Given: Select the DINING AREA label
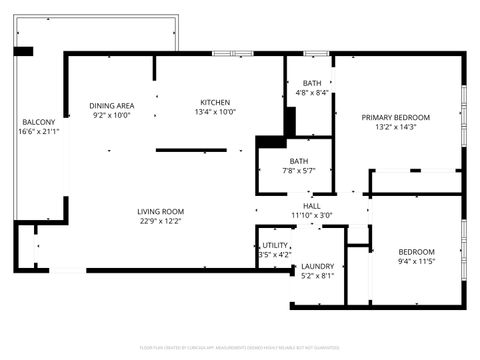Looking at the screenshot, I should tap(112, 105).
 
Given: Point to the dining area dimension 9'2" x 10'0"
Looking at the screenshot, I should tap(112, 115).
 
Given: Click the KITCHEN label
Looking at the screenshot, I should tap(215, 102).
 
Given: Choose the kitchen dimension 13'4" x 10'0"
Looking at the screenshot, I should tap(215, 112).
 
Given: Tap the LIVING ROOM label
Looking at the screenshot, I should tap(160, 211).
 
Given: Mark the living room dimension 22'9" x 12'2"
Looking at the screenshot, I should tap(160, 221).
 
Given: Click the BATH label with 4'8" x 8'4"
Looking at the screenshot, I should tap(312, 83).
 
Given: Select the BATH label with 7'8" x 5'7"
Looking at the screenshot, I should tap(299, 161).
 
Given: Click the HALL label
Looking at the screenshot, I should tap(311, 205).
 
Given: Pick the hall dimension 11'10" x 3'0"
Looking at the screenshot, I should tap(311, 215).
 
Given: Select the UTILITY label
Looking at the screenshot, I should tap(276, 245).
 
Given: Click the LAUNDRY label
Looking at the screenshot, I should tap(317, 266).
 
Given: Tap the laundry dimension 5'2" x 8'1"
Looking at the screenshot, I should tap(317, 276).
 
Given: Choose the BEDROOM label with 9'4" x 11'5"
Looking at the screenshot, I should tap(416, 251).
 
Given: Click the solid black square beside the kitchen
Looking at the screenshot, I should tap(269, 142).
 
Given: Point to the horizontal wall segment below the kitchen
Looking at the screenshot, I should tap(191, 150).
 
